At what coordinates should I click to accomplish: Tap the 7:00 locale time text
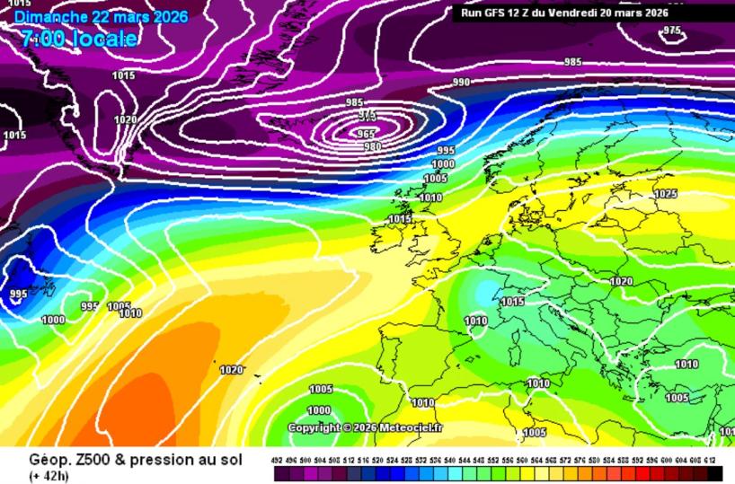click(79, 39)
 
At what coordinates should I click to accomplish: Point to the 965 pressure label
click(366, 134)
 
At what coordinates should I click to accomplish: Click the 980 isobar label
click(372, 146)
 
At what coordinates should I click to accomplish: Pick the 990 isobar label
click(462, 83)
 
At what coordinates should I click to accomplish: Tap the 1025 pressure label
click(665, 194)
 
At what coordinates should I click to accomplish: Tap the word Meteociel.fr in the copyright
click(411, 427)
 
